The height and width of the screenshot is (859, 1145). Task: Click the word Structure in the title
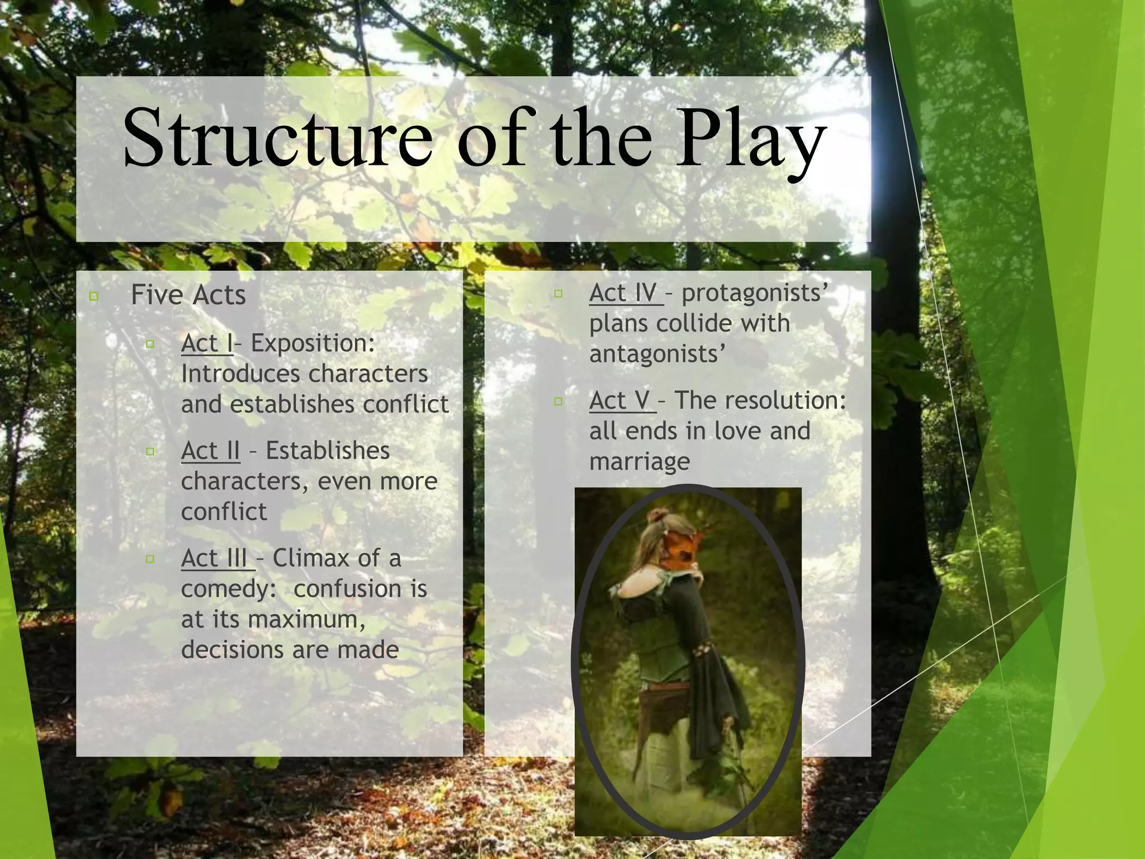coord(277,138)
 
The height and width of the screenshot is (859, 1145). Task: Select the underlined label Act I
coord(206,343)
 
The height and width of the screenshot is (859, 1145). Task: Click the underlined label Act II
coord(210,451)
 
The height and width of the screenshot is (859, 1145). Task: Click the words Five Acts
coord(188,295)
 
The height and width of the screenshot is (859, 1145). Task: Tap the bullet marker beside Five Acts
coord(94,296)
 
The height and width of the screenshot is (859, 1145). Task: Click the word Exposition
coord(313,343)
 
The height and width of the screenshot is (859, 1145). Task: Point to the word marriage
coord(640,462)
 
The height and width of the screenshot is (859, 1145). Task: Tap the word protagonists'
coord(755,293)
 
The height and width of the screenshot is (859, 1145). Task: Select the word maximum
coord(306,620)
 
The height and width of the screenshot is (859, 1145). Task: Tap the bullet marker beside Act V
coord(558,401)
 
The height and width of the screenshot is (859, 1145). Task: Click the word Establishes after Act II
coord(328,451)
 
